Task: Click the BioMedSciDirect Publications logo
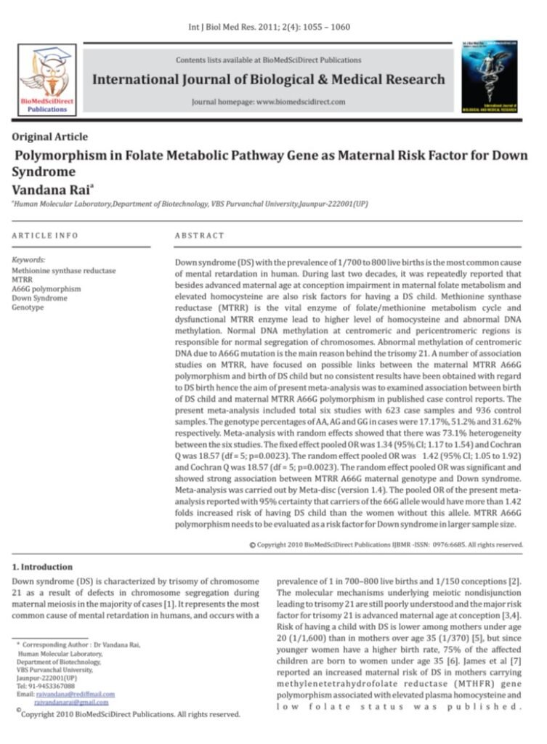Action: (x=46, y=79)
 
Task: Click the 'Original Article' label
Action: (x=50, y=137)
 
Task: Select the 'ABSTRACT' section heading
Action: (x=200, y=236)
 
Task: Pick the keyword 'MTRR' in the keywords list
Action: (x=22, y=280)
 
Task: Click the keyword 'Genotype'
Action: (x=28, y=308)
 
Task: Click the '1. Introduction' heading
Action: (x=43, y=567)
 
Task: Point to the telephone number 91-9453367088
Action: (x=52, y=686)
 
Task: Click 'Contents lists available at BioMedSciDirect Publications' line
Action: (x=269, y=60)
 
